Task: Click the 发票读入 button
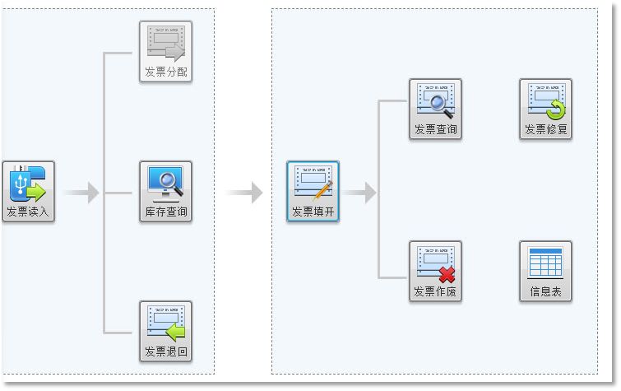(28, 192)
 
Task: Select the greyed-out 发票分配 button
(165, 52)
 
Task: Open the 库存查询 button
(165, 192)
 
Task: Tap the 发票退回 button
(165, 332)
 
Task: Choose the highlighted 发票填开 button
(313, 192)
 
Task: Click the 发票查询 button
(435, 109)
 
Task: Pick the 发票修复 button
(545, 109)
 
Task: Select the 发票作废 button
(435, 271)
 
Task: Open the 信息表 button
(545, 271)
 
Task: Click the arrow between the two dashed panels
(245, 193)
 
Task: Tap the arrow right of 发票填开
(361, 193)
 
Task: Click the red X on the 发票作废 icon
(447, 274)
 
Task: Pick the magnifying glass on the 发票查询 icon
(438, 105)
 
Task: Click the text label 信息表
(545, 292)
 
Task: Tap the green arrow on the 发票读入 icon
(35, 192)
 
